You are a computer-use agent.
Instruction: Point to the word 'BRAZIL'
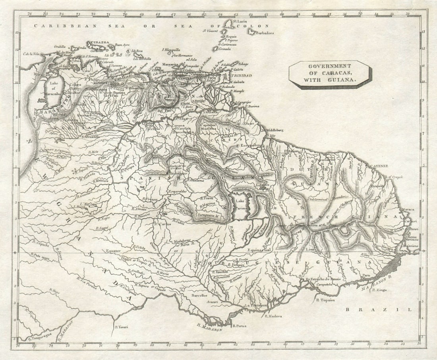(x=378, y=310)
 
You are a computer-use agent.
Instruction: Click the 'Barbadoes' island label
(x=265, y=33)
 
